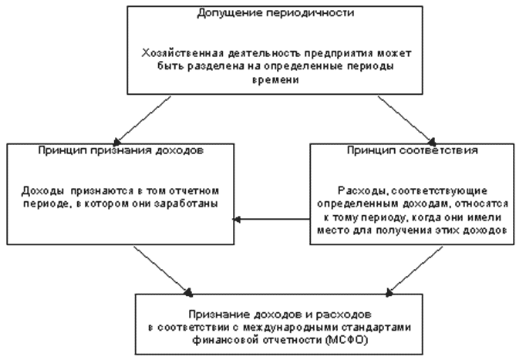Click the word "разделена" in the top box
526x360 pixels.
coord(203,66)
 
